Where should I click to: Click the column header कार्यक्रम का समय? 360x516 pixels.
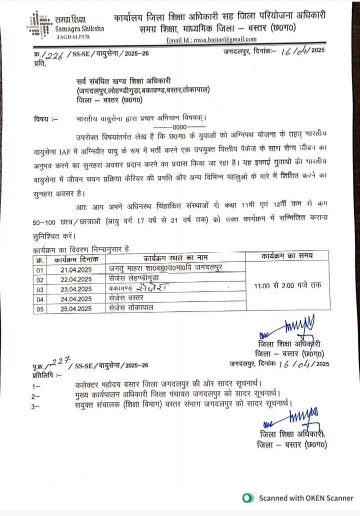287,256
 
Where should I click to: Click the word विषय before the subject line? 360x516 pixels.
40,119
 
